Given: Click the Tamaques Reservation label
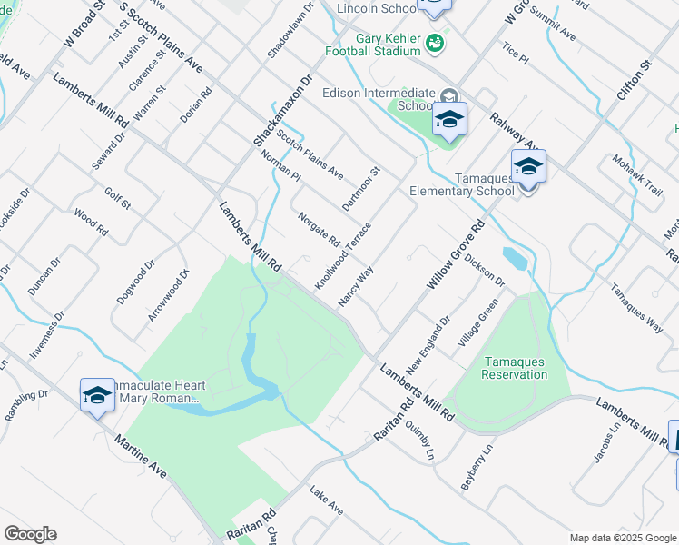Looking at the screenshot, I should pos(514,368).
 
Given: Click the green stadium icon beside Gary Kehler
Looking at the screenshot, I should pos(436,41).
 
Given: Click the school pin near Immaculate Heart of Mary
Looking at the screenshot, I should pos(97,395).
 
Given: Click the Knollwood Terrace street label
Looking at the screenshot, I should pos(343,256).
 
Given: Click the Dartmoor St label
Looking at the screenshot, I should pos(360,187).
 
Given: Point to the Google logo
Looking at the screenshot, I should pos(30,534).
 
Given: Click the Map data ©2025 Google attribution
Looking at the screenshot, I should pos(622,538).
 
